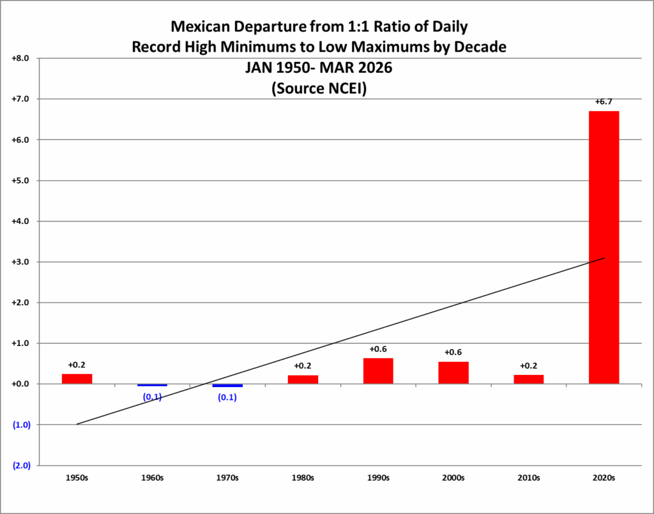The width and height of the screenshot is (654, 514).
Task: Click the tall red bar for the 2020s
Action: (604, 247)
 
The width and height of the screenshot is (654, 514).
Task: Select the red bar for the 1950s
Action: (77, 379)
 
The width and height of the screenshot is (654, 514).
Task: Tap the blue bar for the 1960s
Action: (152, 385)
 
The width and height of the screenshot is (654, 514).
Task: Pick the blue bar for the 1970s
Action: (227, 386)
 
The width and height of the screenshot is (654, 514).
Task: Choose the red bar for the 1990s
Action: (378, 371)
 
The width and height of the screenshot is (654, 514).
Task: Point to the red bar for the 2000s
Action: (453, 373)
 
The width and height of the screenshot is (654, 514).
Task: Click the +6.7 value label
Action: (604, 102)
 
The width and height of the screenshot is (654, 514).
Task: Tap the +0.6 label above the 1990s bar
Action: (378, 349)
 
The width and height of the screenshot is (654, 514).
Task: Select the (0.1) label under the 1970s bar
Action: (227, 398)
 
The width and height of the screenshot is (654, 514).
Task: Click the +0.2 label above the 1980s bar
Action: (303, 366)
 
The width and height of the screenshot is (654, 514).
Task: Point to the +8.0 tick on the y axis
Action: (21, 58)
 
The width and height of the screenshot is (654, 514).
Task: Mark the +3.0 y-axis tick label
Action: (21, 262)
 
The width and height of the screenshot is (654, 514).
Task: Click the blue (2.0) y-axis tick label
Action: (21, 465)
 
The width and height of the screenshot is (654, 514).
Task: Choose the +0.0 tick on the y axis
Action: (21, 384)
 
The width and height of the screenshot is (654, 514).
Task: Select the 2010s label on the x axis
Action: (529, 478)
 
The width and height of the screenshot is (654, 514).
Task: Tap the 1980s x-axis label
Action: (303, 478)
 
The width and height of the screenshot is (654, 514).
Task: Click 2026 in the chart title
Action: (376, 68)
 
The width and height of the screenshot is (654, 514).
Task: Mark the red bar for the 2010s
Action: (529, 379)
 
